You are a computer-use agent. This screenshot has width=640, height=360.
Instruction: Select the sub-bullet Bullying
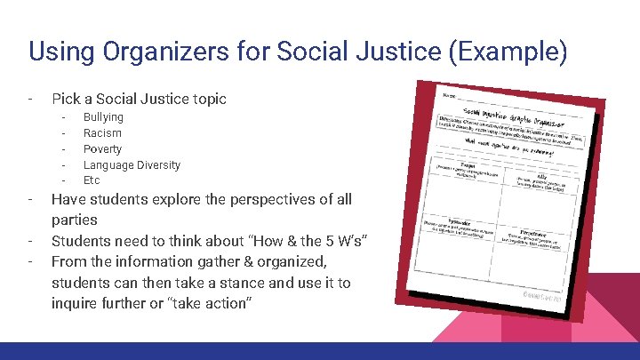point(103,117)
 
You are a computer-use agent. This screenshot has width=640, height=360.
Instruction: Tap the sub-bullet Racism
point(102,133)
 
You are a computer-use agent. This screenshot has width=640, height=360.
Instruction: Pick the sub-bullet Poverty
point(102,149)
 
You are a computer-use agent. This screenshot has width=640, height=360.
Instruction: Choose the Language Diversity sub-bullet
point(132,165)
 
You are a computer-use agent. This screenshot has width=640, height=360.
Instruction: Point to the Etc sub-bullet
point(92,180)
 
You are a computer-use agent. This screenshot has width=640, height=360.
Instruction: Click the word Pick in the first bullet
point(66,99)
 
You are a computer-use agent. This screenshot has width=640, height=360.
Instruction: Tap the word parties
point(75,220)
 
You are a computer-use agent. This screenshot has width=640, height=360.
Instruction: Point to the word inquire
point(76,304)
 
